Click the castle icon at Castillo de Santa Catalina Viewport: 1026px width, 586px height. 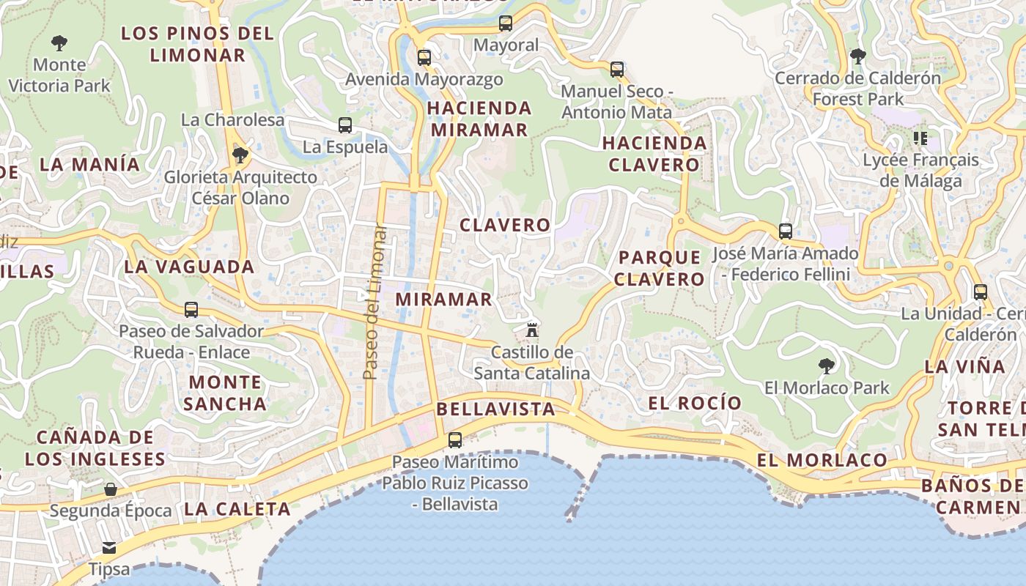(x=532, y=330)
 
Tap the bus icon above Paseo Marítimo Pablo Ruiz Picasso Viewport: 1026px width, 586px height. (x=455, y=440)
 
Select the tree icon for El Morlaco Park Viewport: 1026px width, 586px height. (x=826, y=366)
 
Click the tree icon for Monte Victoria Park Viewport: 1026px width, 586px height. (x=59, y=42)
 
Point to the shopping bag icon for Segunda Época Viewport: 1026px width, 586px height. (x=111, y=489)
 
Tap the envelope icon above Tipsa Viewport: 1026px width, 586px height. (x=109, y=547)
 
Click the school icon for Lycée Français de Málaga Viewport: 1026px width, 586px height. (x=920, y=138)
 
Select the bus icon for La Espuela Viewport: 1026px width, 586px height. (x=345, y=125)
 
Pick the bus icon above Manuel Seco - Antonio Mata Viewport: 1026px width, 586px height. (x=617, y=70)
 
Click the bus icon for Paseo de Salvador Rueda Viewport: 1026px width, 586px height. (x=191, y=309)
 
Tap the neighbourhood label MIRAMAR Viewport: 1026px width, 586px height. (x=444, y=300)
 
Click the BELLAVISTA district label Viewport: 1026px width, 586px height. (x=495, y=409)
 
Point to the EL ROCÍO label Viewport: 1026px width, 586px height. (x=695, y=403)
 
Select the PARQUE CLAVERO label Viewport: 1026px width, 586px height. (x=659, y=268)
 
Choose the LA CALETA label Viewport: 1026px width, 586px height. (x=237, y=508)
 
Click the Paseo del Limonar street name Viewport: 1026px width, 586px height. (x=375, y=302)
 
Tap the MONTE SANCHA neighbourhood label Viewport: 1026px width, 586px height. (x=225, y=393)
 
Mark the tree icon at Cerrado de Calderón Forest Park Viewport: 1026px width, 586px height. (x=857, y=56)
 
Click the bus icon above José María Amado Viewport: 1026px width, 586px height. (x=786, y=231)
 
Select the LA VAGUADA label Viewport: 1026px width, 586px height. (x=189, y=267)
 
